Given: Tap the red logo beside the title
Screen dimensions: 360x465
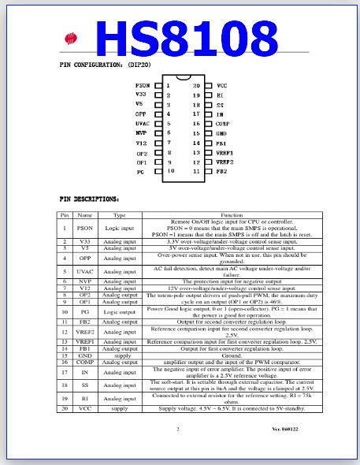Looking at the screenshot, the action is click(x=72, y=39).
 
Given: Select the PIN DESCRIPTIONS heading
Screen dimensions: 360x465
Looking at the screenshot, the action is click(x=89, y=199).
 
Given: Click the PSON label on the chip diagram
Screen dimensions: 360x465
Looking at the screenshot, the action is click(x=143, y=85).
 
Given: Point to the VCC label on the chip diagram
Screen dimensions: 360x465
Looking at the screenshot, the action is click(x=221, y=85).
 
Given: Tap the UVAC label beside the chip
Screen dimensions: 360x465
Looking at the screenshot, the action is click(x=142, y=124).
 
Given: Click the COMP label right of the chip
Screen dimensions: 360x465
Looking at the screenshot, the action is click(x=222, y=124).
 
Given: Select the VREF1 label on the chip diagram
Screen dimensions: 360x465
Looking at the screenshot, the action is click(x=225, y=152).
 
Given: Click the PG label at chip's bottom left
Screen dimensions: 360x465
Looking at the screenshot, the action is click(x=140, y=171).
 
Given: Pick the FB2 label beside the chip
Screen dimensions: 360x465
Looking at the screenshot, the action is click(x=222, y=171).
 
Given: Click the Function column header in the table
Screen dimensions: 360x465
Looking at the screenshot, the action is click(x=232, y=214).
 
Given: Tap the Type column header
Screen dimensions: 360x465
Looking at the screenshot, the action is click(x=120, y=214).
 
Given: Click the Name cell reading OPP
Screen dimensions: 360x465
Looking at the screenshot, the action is click(x=84, y=258).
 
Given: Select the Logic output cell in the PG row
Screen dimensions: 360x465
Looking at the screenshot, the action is click(x=120, y=311).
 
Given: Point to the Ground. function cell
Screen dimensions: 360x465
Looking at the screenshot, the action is click(x=232, y=356).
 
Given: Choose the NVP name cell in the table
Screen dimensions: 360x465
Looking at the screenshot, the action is click(x=84, y=281).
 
